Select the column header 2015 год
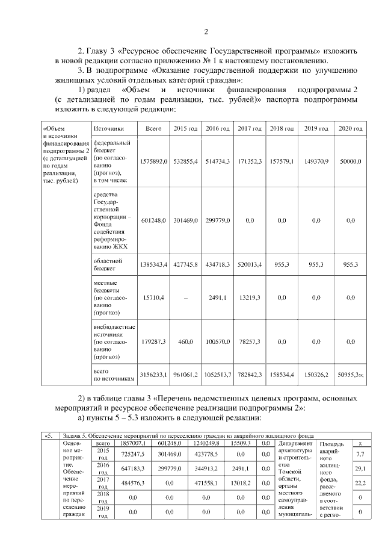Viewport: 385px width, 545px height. point(185,129)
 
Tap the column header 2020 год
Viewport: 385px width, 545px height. point(350,129)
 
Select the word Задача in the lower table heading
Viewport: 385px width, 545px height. point(75,435)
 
